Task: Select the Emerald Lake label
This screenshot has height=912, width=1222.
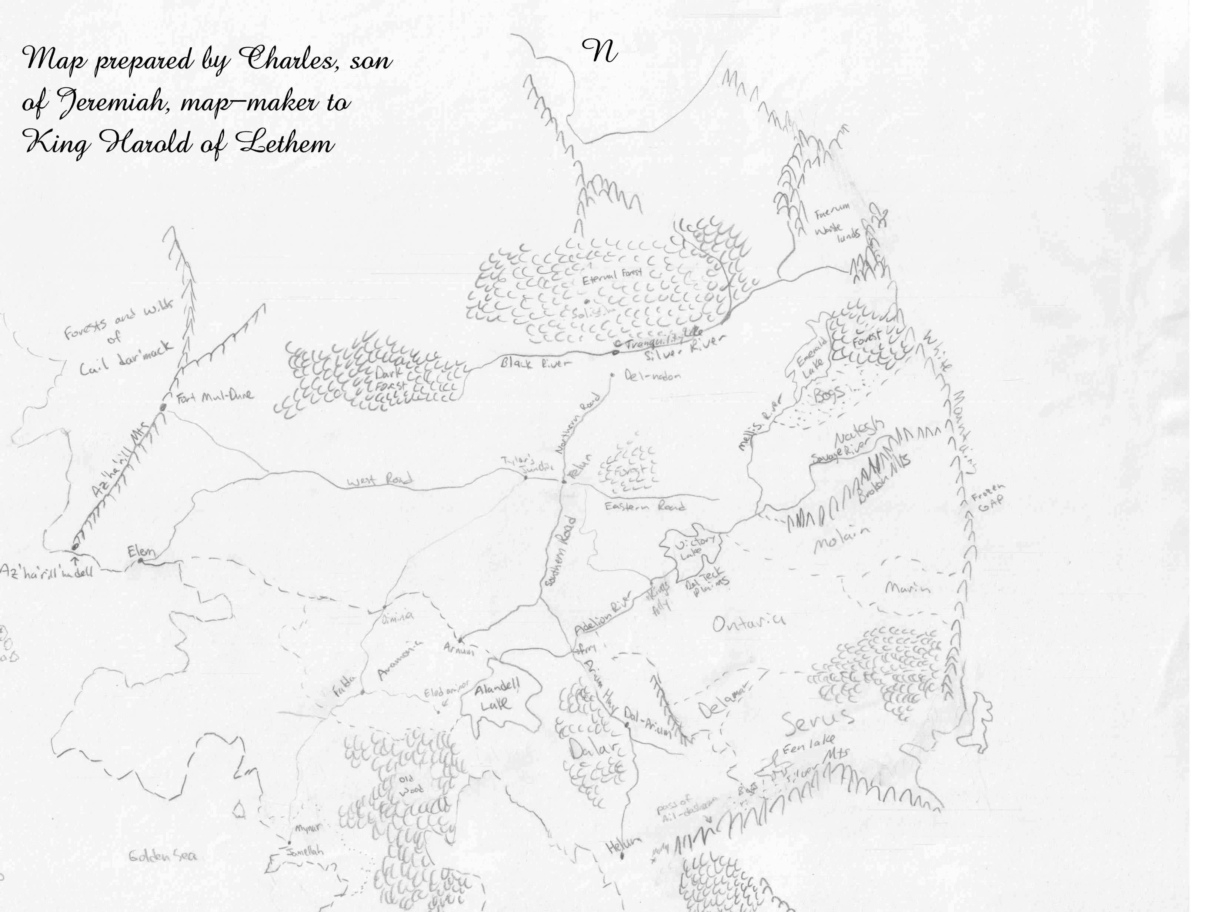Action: click(x=812, y=359)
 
